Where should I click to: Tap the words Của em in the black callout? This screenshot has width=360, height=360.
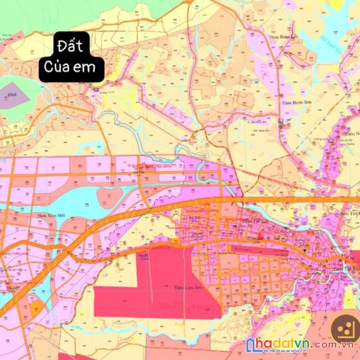coord(71,66)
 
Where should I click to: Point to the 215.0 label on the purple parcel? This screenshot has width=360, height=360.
coord(12,95)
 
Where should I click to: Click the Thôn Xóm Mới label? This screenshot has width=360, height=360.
coord(50,215)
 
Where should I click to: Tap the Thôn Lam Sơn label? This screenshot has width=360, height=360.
coord(186,288)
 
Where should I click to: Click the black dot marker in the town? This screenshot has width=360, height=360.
coord(305,250)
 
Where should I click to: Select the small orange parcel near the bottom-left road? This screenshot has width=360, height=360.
coord(37,309)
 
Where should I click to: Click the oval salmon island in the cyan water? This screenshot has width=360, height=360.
coord(110,195)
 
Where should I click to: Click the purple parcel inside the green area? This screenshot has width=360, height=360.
coord(12,96)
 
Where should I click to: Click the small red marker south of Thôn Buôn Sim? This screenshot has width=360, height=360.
coord(281,123)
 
